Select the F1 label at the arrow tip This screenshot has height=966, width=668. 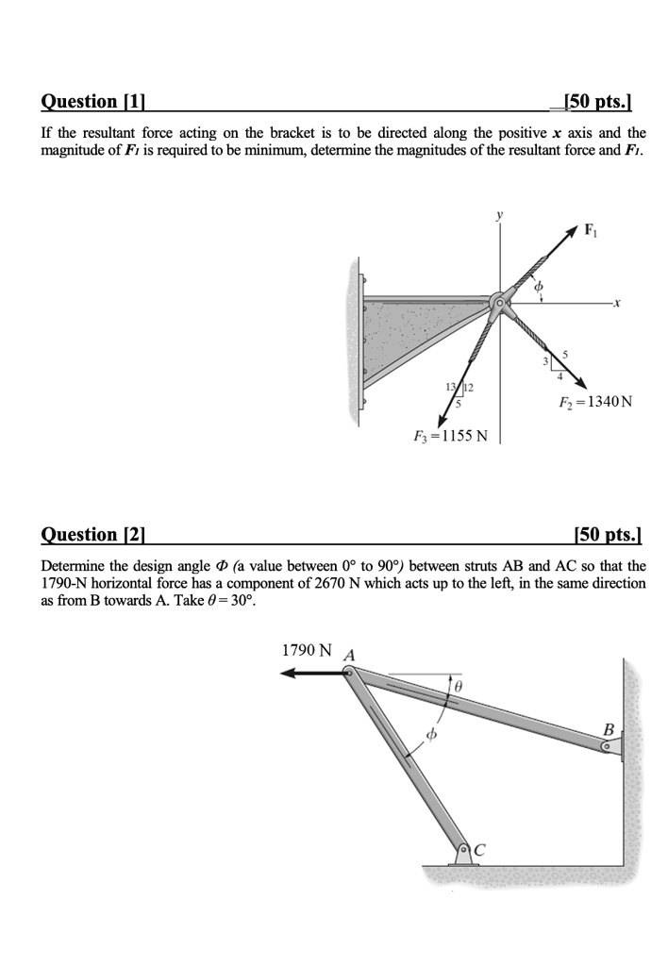(x=591, y=229)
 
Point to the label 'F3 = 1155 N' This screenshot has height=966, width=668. (x=450, y=437)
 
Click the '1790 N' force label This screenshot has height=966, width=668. (x=307, y=651)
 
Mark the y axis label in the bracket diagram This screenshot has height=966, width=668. (x=500, y=216)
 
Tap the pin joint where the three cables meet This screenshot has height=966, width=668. (x=499, y=303)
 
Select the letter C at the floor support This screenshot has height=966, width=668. (x=480, y=851)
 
